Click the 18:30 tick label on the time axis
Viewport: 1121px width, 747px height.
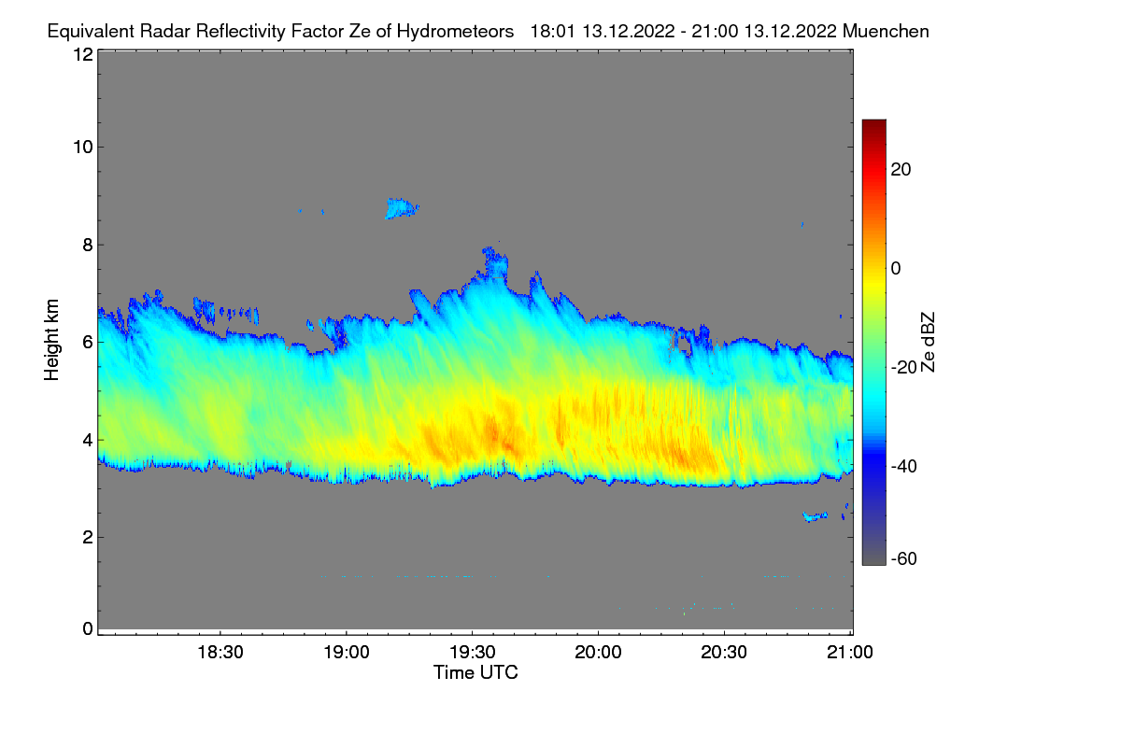220,652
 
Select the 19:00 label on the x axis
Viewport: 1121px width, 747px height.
347,652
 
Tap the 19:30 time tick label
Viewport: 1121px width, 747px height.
473,652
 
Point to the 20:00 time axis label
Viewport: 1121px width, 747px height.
598,652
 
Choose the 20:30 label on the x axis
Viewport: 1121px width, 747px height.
724,652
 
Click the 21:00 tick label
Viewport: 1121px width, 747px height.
850,652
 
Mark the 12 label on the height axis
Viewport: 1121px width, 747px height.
83,54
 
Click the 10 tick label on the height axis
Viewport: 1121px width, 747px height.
83,148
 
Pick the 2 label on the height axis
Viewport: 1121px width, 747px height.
88,537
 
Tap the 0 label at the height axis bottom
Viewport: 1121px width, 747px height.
88,628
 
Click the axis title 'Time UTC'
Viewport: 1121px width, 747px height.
475,672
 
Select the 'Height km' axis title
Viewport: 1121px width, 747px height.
51,340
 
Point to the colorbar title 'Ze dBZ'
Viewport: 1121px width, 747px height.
928,343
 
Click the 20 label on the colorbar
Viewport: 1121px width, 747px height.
901,170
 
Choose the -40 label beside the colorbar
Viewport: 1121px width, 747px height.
904,466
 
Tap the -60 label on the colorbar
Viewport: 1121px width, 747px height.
904,559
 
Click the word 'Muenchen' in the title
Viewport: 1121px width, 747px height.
886,31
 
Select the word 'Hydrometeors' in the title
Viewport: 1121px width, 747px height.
456,32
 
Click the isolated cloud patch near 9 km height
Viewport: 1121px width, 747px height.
402,208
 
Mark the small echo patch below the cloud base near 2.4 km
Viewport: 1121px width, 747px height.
815,516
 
